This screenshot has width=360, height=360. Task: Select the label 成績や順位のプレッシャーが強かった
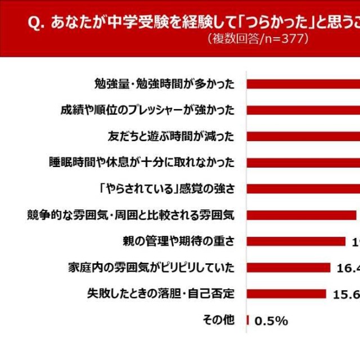147,110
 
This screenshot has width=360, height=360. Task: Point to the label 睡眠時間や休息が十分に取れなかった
141,163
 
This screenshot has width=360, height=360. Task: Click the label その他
218,319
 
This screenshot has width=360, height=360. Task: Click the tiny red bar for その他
247,320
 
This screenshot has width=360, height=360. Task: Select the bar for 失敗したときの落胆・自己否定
286,294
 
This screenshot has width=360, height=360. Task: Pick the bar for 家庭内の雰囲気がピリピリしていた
289,267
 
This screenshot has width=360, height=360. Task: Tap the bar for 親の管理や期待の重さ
296,241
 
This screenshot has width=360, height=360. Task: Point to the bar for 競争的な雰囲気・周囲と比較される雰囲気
301,215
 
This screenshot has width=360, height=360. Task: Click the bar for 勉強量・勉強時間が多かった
303,84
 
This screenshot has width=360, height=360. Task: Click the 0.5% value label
271,321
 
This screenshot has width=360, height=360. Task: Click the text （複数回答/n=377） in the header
259,39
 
